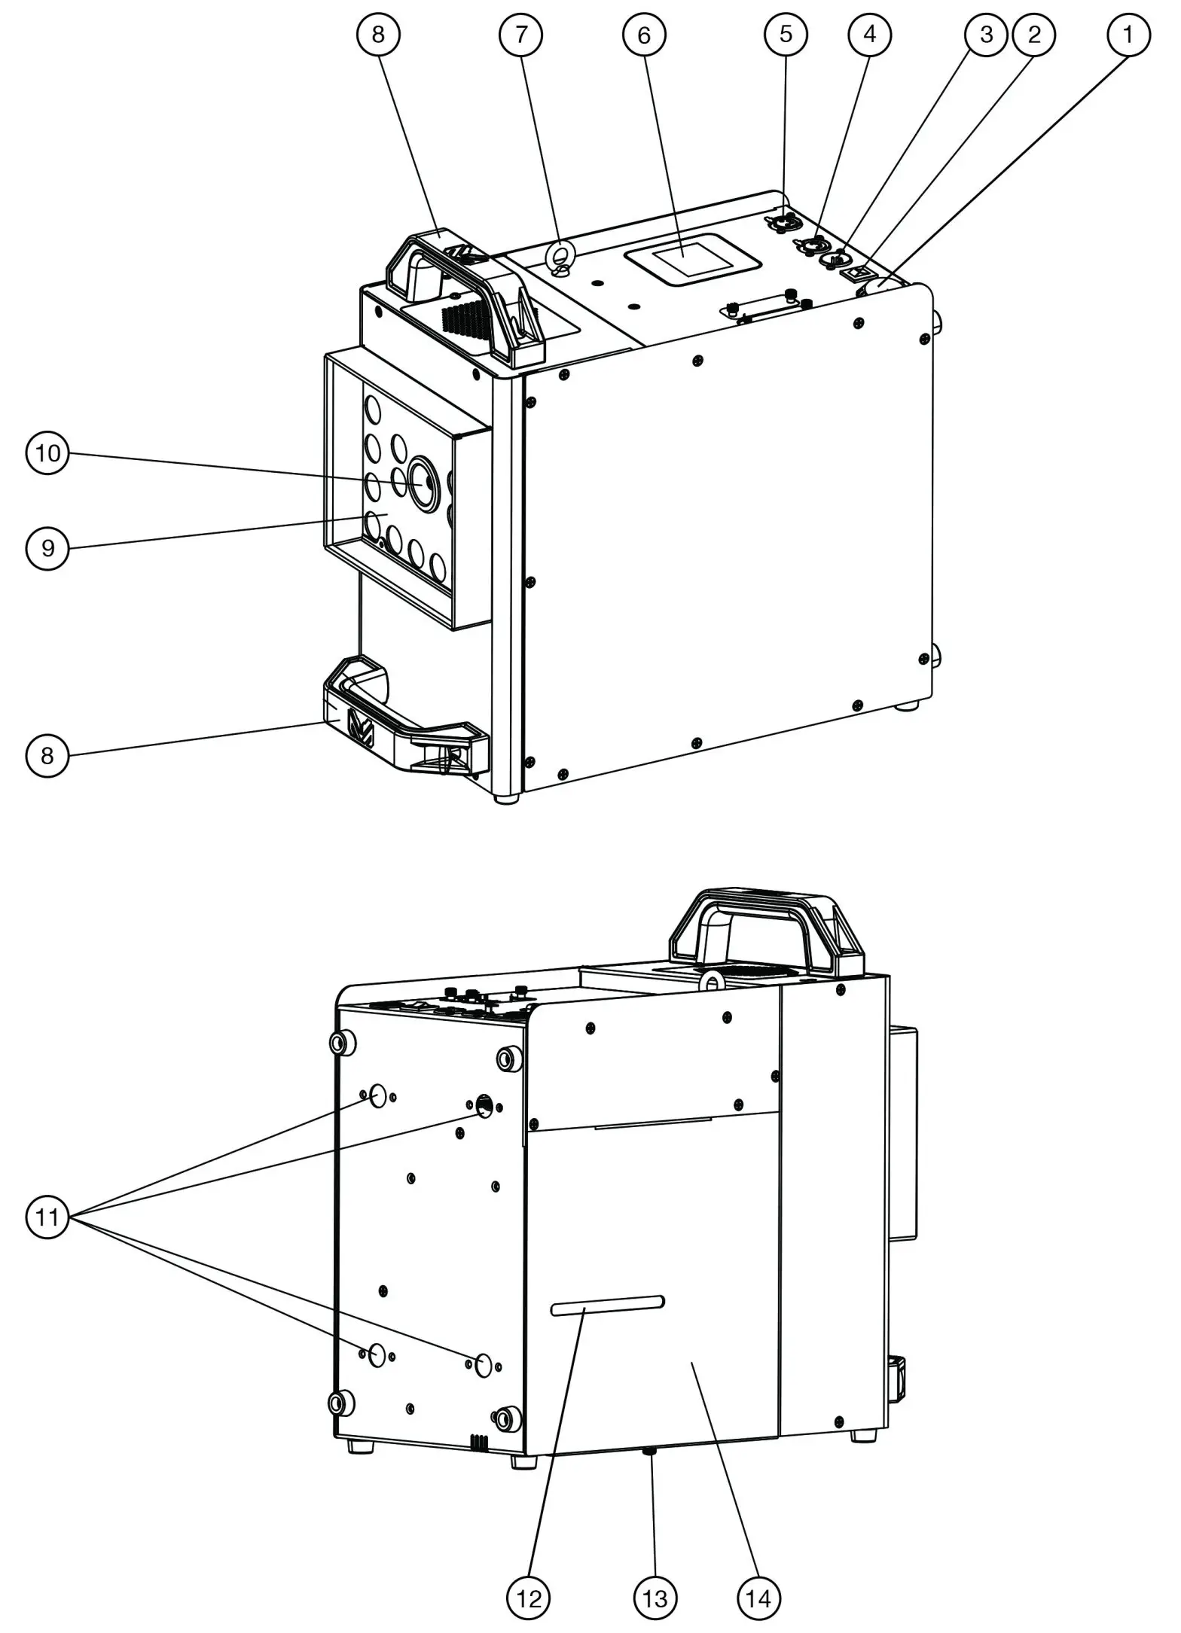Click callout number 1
1128,34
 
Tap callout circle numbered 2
1033,34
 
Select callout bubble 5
786,34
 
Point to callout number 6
644,34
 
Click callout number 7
521,34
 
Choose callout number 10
47,453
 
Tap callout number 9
47,547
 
